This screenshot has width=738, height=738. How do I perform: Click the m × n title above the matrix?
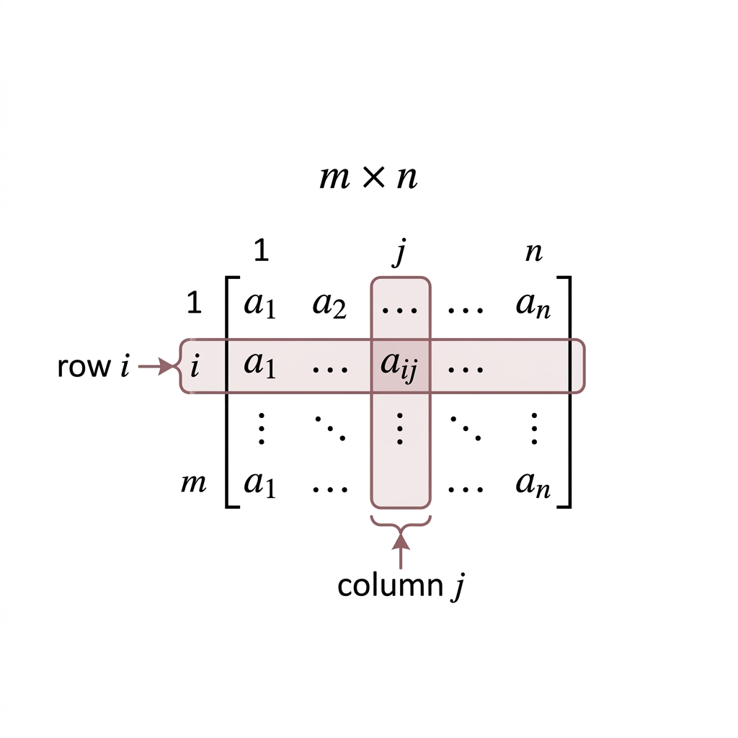tap(368, 177)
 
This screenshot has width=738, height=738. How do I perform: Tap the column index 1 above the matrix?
tap(261, 250)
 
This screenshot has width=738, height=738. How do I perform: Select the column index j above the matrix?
tap(400, 252)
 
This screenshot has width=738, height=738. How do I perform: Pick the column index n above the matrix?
tap(534, 253)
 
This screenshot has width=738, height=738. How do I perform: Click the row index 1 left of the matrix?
tap(195, 302)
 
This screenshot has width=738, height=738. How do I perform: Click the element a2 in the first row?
tap(329, 306)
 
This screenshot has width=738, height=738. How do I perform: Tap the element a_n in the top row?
tap(533, 306)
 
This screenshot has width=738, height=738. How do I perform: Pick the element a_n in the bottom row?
tap(533, 485)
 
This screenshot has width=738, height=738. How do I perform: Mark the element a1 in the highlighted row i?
tap(259, 365)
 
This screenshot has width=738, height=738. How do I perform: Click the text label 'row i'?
tap(93, 366)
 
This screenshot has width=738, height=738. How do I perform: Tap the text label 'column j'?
tap(401, 585)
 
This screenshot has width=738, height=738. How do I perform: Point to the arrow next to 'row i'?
tap(156, 365)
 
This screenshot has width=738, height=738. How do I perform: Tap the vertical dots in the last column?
tap(534, 428)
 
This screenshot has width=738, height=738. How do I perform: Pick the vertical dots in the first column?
tap(261, 428)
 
